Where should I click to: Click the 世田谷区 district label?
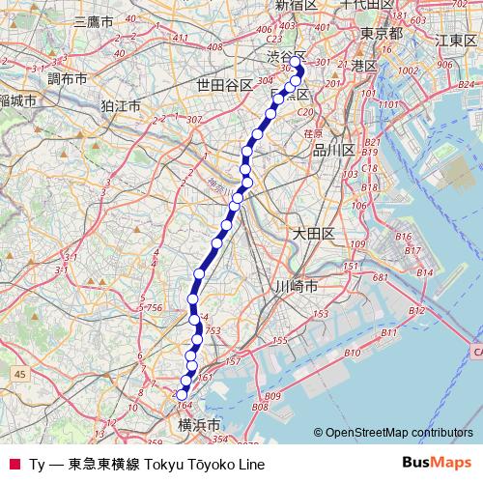coord(224,85)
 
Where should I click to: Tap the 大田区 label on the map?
coord(313,233)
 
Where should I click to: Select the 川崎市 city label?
coord(297,286)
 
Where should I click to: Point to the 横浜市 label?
coord(200,424)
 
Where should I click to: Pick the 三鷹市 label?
coord(93,20)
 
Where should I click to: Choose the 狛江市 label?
coord(120,103)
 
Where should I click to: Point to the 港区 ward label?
coord(364,66)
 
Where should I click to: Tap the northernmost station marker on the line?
coord(296,70)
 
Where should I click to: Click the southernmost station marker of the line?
coord(181,394)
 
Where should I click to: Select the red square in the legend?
coord(14,464)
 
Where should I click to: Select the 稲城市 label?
coord(17,100)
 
